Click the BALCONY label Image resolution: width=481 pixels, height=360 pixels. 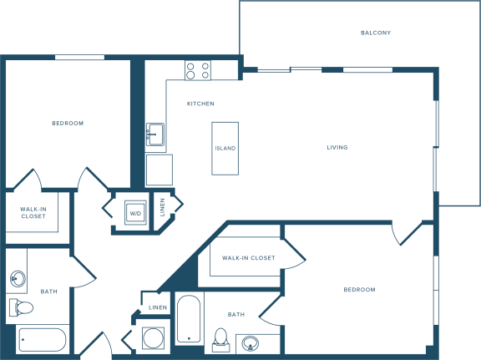[376, 33]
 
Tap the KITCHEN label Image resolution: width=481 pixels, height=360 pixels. [200, 104]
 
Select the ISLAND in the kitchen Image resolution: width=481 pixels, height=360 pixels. [225, 149]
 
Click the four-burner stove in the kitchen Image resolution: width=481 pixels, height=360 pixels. [198, 70]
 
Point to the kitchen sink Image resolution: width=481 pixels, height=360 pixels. [155, 134]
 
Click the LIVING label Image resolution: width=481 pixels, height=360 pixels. [337, 148]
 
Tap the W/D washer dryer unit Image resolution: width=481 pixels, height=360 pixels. [135, 213]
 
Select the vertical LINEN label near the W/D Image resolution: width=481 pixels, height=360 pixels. [163, 207]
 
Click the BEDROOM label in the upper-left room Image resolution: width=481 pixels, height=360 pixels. [68, 124]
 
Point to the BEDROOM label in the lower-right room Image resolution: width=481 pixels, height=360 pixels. [360, 290]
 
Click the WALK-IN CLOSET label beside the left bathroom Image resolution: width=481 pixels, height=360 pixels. [33, 213]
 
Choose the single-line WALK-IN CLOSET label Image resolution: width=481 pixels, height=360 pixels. [249, 258]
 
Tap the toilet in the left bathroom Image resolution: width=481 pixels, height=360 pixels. [21, 307]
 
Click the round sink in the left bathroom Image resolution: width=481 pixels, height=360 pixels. [18, 279]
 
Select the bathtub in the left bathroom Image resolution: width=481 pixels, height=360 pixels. [43, 340]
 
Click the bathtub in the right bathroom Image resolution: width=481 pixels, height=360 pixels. [189, 319]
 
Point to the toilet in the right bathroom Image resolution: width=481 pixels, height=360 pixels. [220, 340]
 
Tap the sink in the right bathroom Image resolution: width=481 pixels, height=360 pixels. [250, 343]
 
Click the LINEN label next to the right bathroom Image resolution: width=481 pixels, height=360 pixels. [158, 307]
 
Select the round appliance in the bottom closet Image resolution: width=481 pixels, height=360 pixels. [153, 338]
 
